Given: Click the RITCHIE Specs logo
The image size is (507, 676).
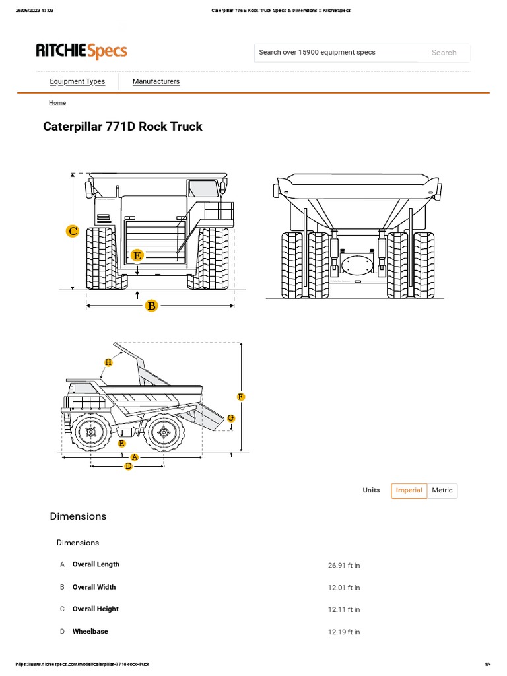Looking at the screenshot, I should (81, 51).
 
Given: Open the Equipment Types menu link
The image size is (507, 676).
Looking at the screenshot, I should (77, 82).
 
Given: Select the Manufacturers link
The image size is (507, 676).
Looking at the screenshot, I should (156, 82).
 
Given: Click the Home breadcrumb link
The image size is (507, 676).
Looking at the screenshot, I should (57, 103).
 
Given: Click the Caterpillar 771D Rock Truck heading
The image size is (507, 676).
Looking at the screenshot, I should (123, 127).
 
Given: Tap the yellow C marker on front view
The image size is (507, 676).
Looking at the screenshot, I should (73, 231).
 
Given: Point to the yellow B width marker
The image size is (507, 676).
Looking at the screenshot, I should (152, 305).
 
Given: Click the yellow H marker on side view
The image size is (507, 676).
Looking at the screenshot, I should (109, 362).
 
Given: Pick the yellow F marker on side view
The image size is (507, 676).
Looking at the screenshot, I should (241, 397).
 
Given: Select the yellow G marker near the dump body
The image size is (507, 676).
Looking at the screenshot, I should (231, 418).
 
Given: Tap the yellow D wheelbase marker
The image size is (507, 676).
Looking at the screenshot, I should (129, 466).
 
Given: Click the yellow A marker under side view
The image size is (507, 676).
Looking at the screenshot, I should (135, 457).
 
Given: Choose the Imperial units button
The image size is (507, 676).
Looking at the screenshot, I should (409, 490).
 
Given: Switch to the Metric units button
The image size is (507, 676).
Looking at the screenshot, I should (442, 490).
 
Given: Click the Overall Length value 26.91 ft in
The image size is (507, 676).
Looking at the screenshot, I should (344, 566).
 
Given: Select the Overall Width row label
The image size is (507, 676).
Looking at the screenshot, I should (94, 587).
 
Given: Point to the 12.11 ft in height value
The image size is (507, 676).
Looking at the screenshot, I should (344, 610).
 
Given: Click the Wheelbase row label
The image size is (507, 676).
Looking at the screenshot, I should (90, 632).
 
